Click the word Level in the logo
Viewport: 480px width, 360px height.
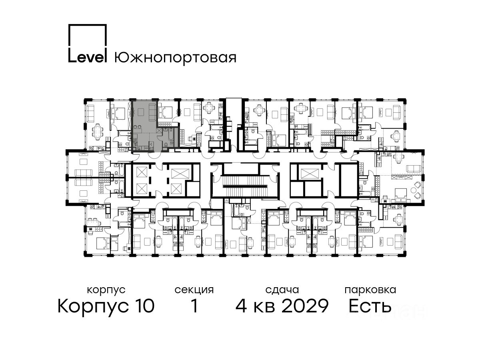pos(88,58)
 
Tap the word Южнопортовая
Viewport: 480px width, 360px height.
pos(175,58)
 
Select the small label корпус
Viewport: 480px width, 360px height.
pos(106,290)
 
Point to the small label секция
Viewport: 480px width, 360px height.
pos(194,290)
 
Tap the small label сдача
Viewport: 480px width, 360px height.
pos(282,290)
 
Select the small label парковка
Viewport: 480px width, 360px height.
pos(370,290)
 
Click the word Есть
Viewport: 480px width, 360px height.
pos(370,306)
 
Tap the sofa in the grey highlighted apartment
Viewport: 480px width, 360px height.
pos(152,112)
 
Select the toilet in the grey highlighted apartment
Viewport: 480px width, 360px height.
pos(166,145)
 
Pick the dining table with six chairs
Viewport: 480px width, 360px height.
pos(98,132)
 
